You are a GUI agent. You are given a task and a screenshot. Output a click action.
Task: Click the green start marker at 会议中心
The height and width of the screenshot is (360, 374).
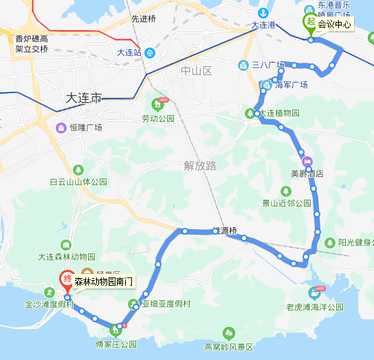click(311, 23)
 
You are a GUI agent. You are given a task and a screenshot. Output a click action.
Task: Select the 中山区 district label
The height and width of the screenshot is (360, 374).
click(197, 72)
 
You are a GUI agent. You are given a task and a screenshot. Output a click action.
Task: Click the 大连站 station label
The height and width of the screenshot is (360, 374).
click(129, 52)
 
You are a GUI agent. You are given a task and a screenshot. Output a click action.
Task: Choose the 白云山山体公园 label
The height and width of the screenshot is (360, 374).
click(78, 182)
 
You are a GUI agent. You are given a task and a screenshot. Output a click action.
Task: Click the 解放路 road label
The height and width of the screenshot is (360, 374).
click(200, 165)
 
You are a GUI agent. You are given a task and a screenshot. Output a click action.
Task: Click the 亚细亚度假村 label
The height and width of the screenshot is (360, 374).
click(165, 303)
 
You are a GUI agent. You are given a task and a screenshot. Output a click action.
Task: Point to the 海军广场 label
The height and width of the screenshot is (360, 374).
click(291, 85)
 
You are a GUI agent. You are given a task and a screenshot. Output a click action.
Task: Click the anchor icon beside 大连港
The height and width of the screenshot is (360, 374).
click(262, 14)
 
